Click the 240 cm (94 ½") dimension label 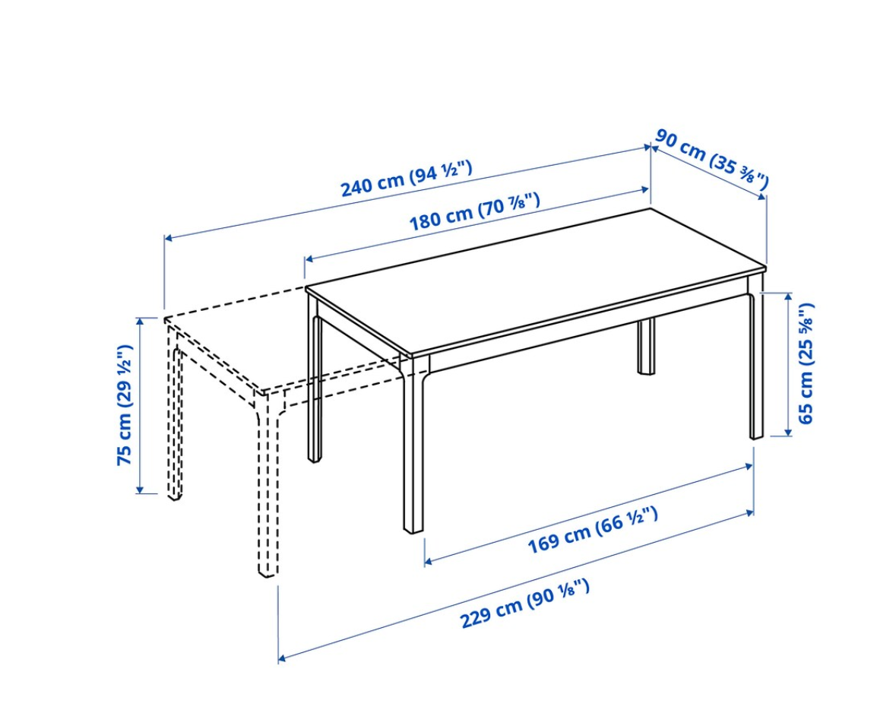(407, 178)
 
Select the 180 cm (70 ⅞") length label (474, 211)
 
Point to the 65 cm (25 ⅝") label (806, 363)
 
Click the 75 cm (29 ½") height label (125, 404)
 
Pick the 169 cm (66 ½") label (592, 530)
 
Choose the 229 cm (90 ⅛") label (524, 604)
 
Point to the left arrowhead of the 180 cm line (309, 260)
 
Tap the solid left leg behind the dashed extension (315, 388)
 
